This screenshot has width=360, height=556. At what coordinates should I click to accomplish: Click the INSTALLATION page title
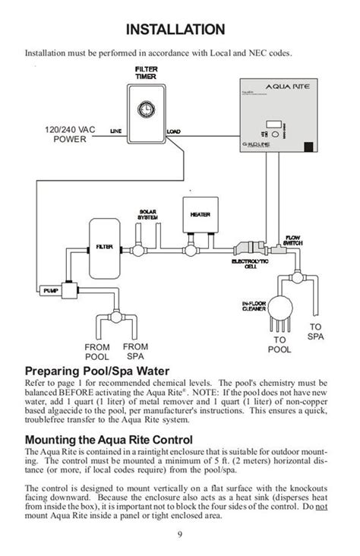click(180, 29)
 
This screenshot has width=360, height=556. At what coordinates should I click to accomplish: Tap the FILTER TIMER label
click(146, 72)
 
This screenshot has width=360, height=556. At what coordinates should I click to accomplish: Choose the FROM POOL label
click(97, 352)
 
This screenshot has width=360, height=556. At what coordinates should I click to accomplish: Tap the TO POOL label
click(279, 345)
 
